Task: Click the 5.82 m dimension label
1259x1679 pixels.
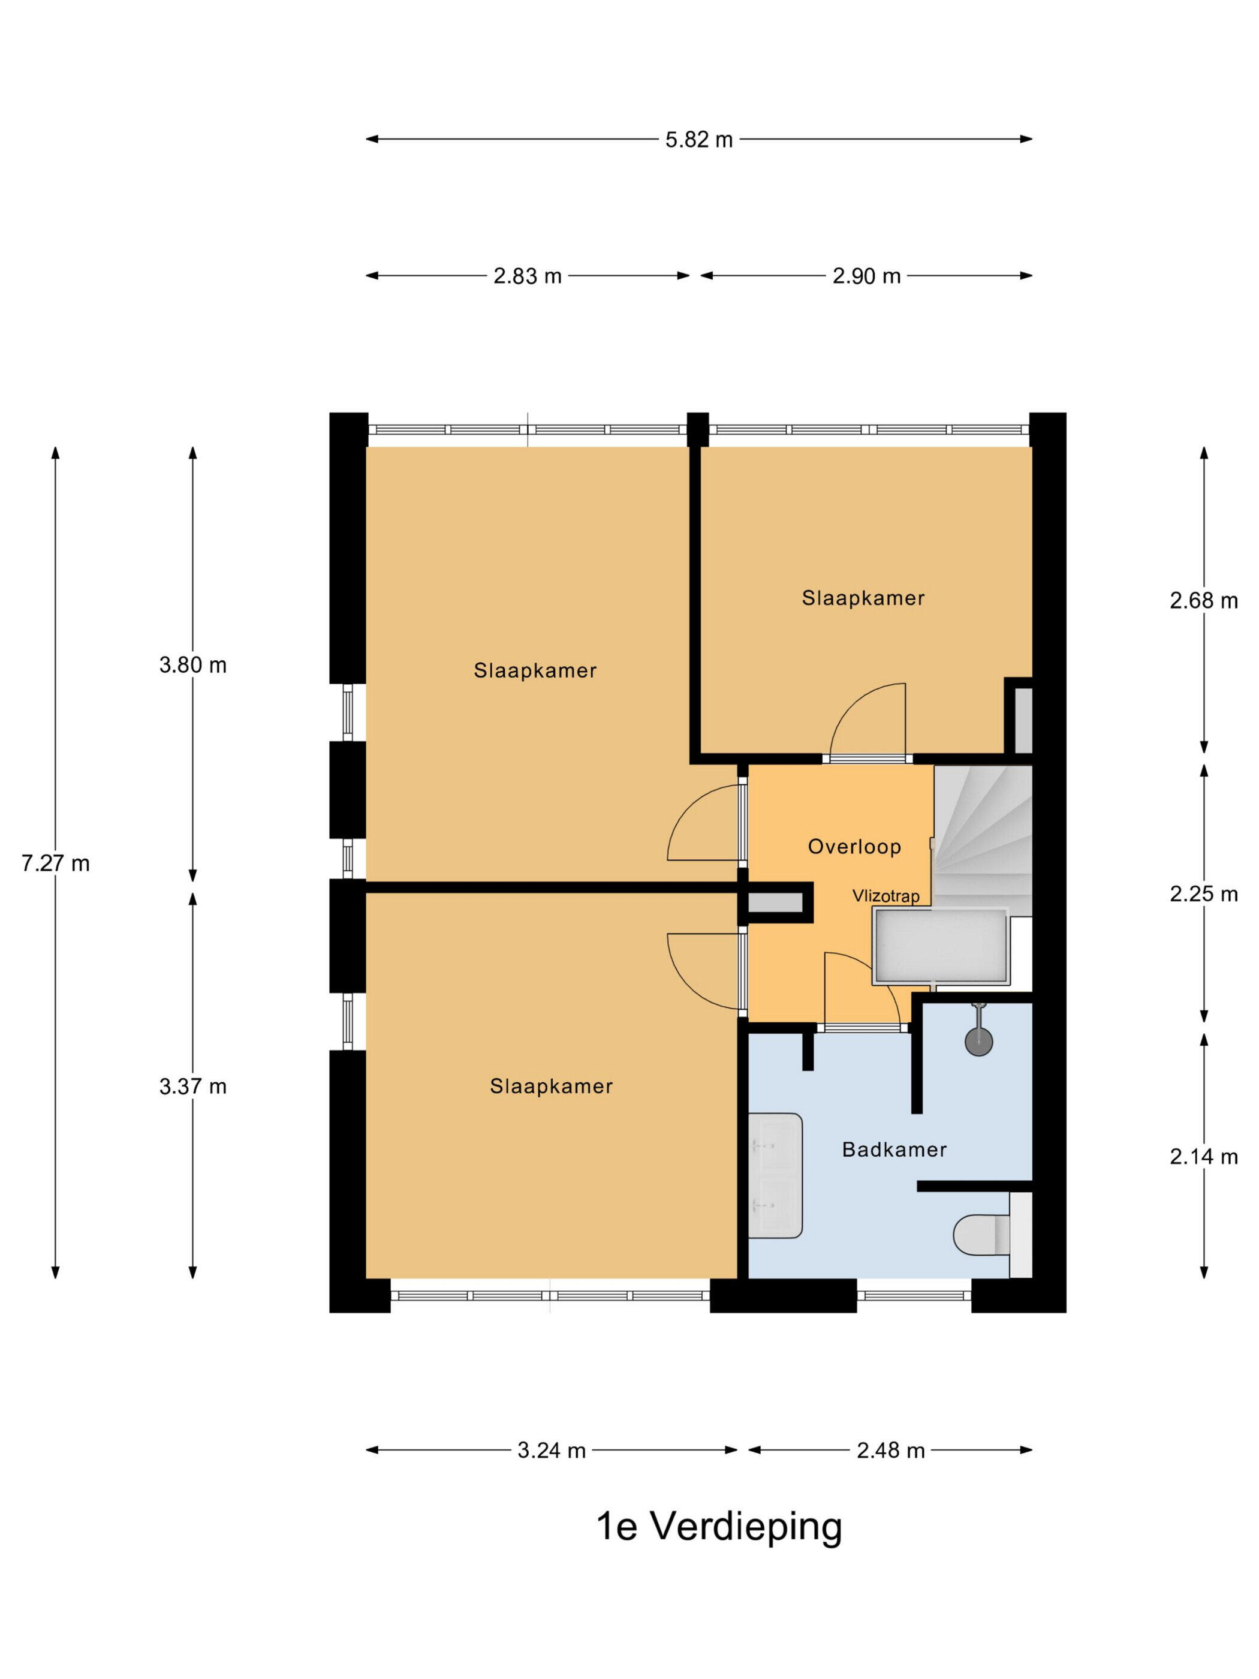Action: point(699,140)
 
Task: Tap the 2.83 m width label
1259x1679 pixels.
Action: point(528,276)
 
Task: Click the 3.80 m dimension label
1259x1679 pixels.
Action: point(193,665)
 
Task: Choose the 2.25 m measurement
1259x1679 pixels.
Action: point(1204,893)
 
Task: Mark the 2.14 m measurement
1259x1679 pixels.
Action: point(1204,1156)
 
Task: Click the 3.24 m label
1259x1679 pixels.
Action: point(552,1451)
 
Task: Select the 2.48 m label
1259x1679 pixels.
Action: point(891,1451)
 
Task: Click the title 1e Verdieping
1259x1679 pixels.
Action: point(719,1528)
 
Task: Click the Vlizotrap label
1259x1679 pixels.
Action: point(885,896)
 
